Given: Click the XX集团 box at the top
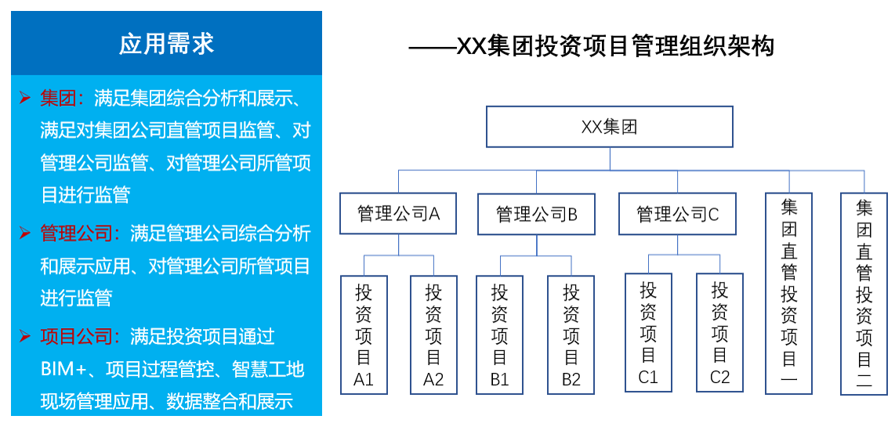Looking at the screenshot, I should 610,127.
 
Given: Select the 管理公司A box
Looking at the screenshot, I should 399,214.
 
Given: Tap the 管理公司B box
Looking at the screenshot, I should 537,214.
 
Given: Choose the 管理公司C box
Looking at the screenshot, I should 677,214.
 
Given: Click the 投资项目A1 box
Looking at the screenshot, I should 364,334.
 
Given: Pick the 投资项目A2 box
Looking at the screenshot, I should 433,334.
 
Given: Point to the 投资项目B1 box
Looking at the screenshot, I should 500,334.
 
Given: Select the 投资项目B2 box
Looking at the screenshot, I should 571,334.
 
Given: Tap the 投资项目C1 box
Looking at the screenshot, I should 648,332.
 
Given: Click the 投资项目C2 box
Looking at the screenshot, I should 719,332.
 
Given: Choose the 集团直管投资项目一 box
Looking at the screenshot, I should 788,294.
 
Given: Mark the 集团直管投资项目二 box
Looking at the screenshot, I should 864,294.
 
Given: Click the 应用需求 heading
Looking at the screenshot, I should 166,43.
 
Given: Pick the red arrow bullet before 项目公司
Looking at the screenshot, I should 25,337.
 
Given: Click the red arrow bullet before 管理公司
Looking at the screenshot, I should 25,233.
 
